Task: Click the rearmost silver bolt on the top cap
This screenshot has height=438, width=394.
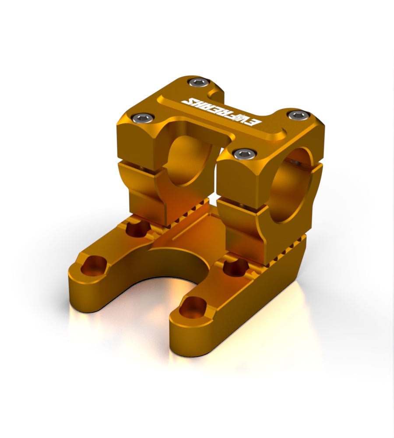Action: (197, 82)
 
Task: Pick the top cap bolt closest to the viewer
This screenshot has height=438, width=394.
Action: (243, 153)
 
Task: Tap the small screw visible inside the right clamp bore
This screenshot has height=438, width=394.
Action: (296, 163)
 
